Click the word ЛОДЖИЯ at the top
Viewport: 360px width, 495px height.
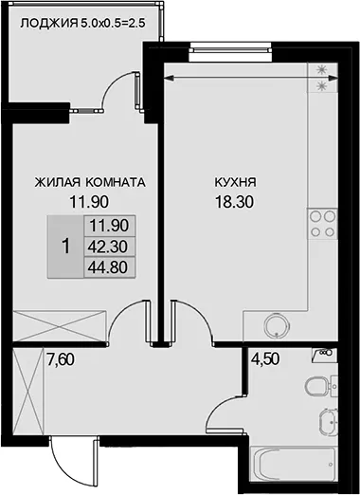click(49, 24)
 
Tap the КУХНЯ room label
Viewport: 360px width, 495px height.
click(236, 182)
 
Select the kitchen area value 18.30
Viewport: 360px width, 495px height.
click(234, 201)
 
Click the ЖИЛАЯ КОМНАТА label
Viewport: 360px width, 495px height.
click(90, 182)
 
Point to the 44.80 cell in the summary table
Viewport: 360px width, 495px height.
click(108, 267)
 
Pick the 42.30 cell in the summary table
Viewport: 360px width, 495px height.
click(108, 247)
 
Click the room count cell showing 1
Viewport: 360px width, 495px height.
click(65, 247)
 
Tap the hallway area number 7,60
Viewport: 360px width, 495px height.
click(61, 359)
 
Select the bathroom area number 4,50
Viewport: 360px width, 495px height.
click(265, 359)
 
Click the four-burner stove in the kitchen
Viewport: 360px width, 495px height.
click(322, 224)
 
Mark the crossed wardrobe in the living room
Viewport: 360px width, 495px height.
click(60, 326)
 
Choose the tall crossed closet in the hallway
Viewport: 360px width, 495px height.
click(28, 392)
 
